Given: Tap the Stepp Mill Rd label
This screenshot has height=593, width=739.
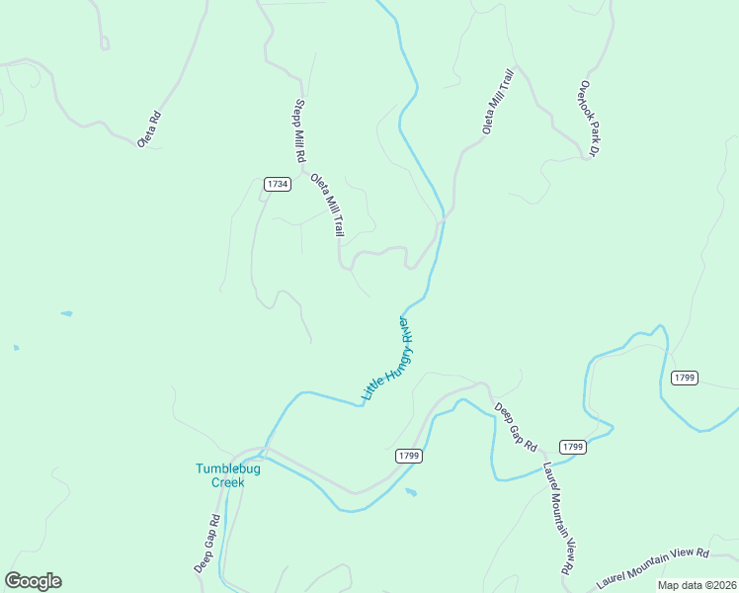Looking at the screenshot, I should (x=298, y=131).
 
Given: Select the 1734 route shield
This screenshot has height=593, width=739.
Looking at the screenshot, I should (x=278, y=184).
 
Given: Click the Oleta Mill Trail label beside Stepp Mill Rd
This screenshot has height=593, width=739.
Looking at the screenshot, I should (x=327, y=206).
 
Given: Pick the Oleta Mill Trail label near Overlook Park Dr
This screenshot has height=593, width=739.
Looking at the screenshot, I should (x=498, y=102).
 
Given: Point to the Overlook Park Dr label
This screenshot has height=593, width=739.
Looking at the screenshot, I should (x=590, y=119).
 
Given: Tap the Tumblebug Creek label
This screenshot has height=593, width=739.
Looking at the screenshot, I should (x=227, y=475).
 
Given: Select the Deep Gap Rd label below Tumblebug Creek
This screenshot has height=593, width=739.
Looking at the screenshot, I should (x=206, y=544).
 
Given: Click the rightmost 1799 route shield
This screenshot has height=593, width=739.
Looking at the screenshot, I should (x=685, y=378).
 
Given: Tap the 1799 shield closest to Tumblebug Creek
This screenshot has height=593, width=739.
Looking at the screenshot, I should (x=409, y=456).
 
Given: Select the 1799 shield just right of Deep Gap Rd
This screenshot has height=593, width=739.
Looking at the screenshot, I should (x=573, y=447).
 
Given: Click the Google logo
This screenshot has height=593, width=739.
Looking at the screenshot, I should (x=33, y=581).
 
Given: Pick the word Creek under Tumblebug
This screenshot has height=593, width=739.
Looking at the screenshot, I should (x=227, y=483).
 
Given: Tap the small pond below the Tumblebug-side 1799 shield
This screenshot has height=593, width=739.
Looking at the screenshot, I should (x=411, y=491).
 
